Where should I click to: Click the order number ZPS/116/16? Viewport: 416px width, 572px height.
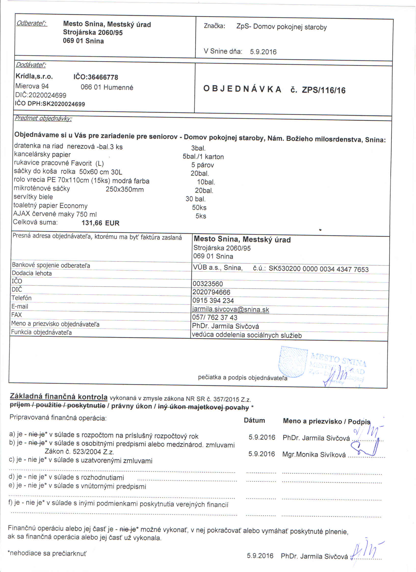(324, 90)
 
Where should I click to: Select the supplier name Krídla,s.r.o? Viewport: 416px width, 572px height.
(34, 76)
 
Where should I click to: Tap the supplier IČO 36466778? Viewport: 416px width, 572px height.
(96, 77)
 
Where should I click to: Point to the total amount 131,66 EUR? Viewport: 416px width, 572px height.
(100, 223)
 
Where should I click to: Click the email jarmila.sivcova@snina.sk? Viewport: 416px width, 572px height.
(231, 310)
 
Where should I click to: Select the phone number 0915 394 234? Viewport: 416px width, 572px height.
(213, 300)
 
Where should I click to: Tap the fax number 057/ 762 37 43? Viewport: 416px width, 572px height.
(214, 318)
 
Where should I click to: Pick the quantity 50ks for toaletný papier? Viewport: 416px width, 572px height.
(199, 208)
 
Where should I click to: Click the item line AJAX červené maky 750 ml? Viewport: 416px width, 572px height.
(55, 214)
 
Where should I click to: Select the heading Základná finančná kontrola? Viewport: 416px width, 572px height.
(59, 397)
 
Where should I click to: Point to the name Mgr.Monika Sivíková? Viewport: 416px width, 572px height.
(314, 454)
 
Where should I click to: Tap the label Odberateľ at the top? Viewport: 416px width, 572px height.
(32, 24)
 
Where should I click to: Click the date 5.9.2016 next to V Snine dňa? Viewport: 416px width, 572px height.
(263, 52)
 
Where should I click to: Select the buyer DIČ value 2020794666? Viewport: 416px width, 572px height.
(211, 292)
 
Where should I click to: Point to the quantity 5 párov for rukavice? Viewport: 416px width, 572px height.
(203, 165)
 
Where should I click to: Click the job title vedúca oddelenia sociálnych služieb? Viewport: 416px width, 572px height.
(247, 335)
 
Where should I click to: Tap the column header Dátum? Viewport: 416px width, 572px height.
(254, 420)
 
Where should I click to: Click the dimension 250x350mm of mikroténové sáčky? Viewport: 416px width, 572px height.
(125, 190)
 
